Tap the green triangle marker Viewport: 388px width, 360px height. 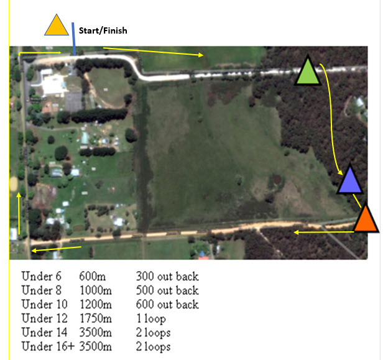[308, 72]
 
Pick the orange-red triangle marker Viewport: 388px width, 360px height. [366, 219]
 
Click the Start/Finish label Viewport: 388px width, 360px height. [103, 30]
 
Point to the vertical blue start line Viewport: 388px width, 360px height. [73, 39]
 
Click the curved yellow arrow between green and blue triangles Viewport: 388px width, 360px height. [331, 119]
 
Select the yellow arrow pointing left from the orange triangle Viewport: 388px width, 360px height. [324, 232]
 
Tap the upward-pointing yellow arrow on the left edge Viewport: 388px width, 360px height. [19, 213]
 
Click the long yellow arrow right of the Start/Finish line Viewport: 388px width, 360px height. [154, 52]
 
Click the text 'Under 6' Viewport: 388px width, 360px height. [41, 276]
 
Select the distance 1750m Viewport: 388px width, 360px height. [96, 318]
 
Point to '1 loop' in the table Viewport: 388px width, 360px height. [151, 319]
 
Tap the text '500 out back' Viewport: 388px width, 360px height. [167, 290]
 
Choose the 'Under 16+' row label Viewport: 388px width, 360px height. [48, 346]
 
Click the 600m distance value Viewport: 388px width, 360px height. [93, 276]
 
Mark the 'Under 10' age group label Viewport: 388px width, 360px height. [45, 304]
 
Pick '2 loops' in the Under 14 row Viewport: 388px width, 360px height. [154, 333]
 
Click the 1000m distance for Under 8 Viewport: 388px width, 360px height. [96, 290]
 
